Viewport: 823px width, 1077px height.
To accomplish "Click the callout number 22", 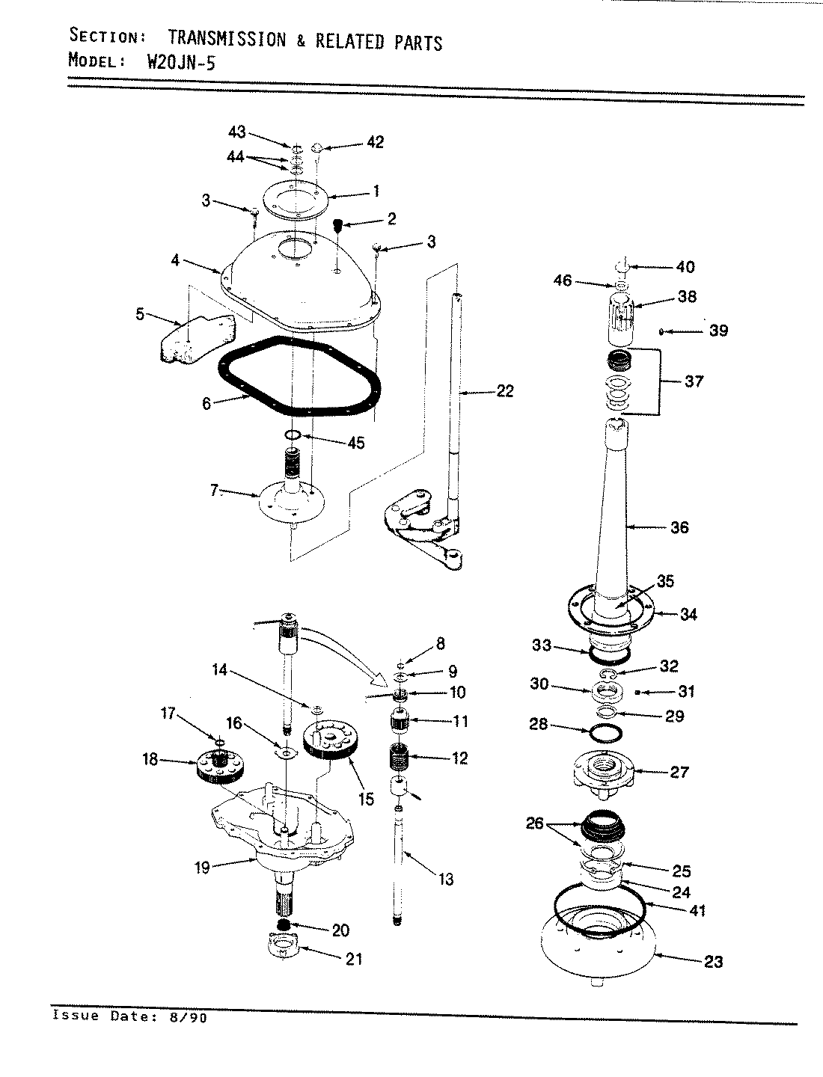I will (x=505, y=390).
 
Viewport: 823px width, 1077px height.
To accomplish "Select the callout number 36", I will (x=679, y=527).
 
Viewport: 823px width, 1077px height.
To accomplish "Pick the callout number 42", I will (x=375, y=141).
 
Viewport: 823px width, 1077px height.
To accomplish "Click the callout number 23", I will (x=714, y=961).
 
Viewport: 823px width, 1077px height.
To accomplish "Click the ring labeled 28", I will (x=605, y=733).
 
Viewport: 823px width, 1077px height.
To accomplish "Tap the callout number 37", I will (x=694, y=381).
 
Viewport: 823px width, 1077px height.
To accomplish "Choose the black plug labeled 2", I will (x=337, y=224).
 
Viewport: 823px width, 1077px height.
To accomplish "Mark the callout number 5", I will (x=140, y=314).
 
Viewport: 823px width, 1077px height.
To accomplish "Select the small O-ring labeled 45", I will (x=293, y=435).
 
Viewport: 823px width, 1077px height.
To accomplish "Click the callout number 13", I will (x=446, y=880).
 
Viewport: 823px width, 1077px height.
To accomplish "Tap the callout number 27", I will (x=679, y=772).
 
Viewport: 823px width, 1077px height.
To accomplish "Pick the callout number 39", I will (x=718, y=331).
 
